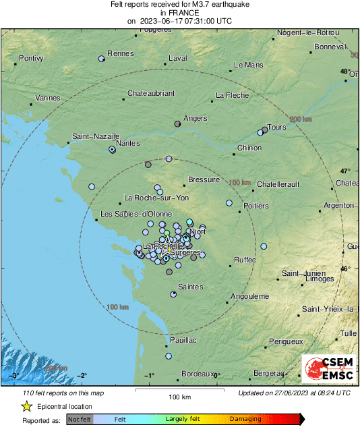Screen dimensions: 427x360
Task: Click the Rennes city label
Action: pyautogui.click(x=121, y=54)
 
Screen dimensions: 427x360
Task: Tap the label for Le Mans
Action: pyautogui.click(x=247, y=65)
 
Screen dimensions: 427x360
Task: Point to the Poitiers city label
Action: pyautogui.click(x=256, y=206)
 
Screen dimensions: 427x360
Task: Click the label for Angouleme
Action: pyautogui.click(x=250, y=296)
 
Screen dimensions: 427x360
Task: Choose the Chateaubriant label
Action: pyautogui.click(x=151, y=93)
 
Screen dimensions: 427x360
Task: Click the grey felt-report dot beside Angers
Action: pyautogui.click(x=178, y=124)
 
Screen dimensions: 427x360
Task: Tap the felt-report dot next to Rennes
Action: pyautogui.click(x=102, y=59)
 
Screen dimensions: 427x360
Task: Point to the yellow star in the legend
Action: pyautogui.click(x=26, y=406)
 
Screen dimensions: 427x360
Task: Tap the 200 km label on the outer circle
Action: pyautogui.click(x=301, y=119)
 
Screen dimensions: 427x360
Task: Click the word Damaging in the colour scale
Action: pyautogui.click(x=245, y=420)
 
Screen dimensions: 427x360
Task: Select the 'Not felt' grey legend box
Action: pyautogui.click(x=79, y=420)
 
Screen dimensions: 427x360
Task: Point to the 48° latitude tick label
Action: pyautogui.click(x=345, y=72)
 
